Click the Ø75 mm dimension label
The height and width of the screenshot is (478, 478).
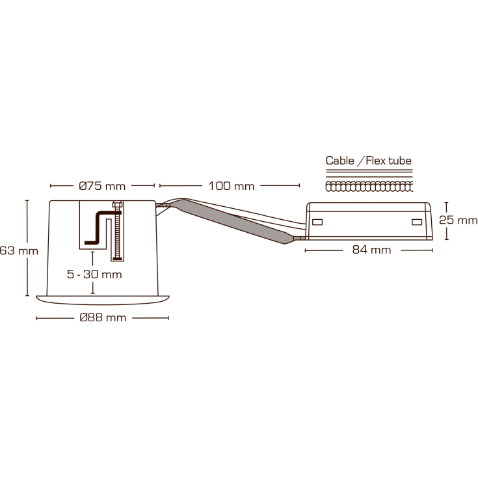pos(102,186)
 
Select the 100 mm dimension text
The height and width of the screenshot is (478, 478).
pos(231,186)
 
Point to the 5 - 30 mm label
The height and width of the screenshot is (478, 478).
pos(94,274)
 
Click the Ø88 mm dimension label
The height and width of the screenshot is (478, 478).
pos(102,318)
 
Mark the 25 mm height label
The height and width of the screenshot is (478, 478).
pos(458,220)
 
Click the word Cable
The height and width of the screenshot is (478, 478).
pos(340,161)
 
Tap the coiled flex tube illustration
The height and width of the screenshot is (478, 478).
pos(368,187)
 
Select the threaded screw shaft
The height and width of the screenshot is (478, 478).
pos(117,234)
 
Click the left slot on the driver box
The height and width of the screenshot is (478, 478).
pos(317,222)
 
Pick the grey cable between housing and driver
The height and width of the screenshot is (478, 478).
pos(234,221)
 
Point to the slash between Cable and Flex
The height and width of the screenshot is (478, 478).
pos(360,161)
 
